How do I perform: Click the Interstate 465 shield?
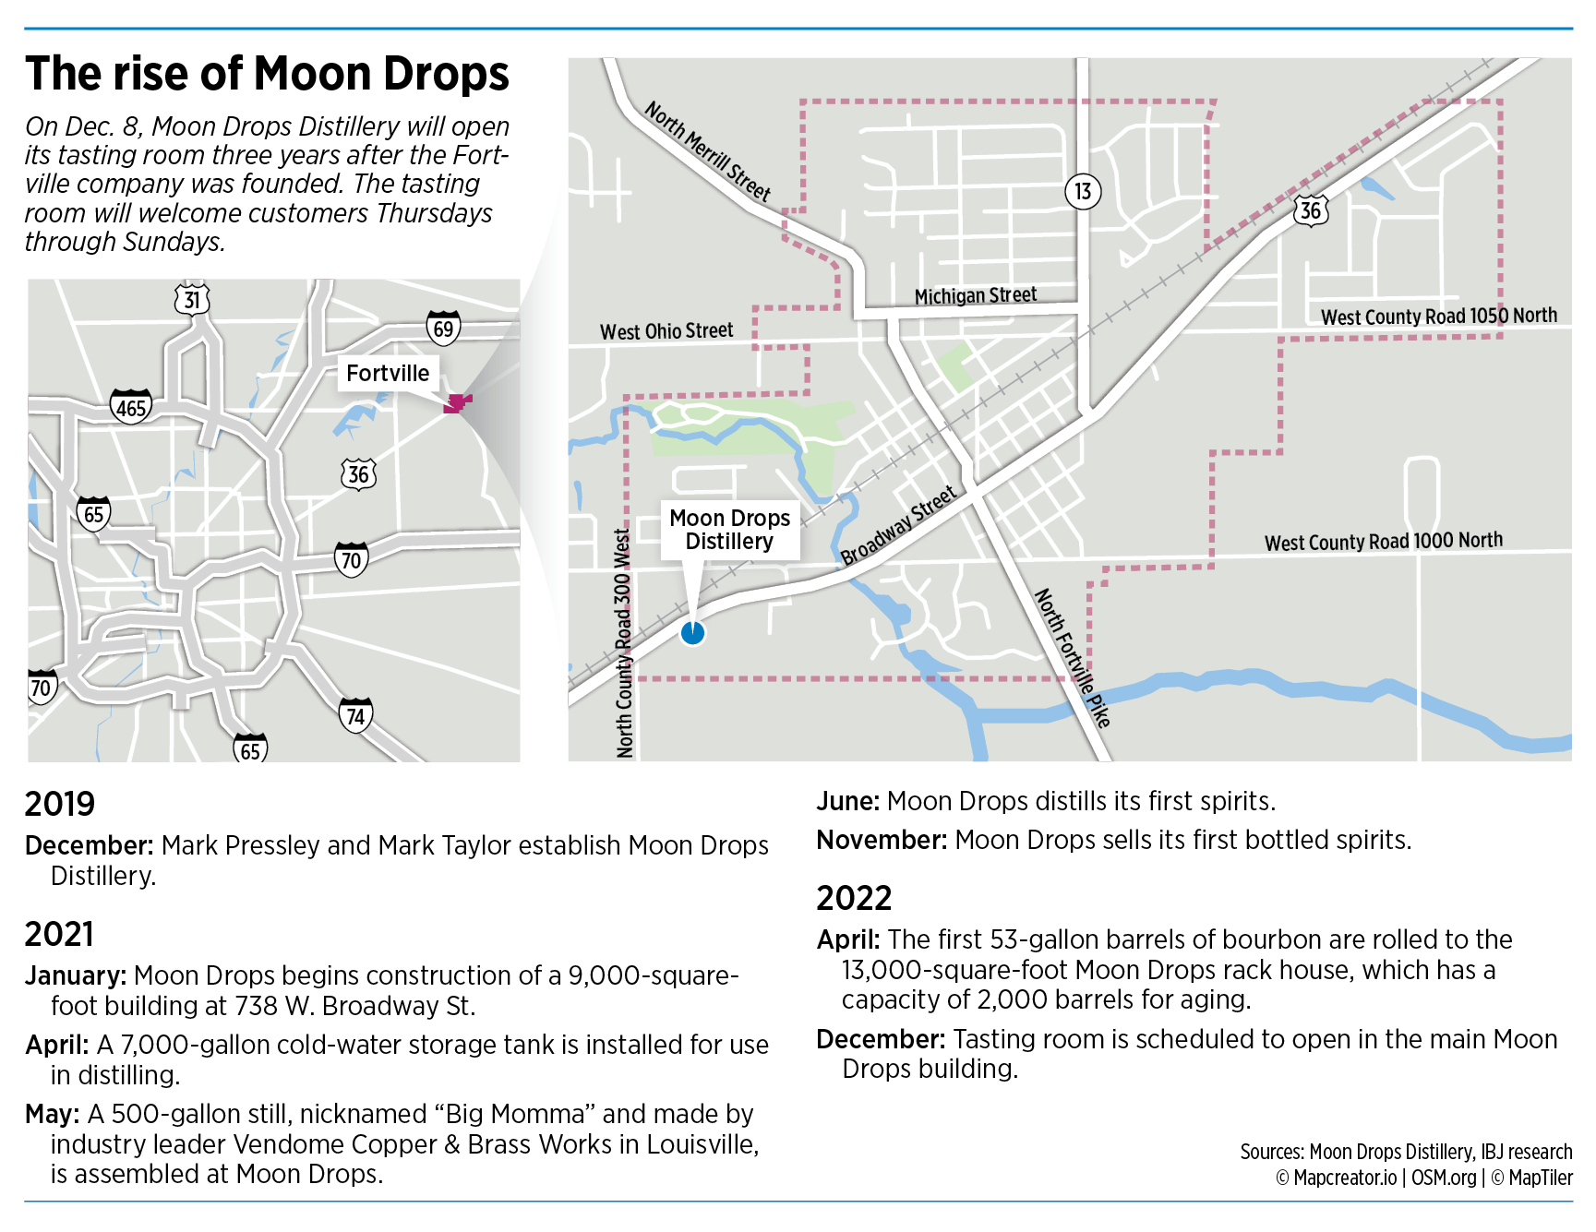tap(131, 406)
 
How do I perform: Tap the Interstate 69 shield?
tap(443, 328)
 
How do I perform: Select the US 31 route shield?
tap(192, 298)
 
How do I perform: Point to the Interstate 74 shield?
tap(355, 715)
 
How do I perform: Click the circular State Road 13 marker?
tap(1083, 191)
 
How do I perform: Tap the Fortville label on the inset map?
tap(388, 373)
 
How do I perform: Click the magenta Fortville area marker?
tap(456, 402)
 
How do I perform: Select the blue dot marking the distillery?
tap(692, 633)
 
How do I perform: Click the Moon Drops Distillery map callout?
tap(729, 530)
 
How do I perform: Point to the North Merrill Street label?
tap(707, 150)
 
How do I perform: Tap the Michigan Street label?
tap(975, 295)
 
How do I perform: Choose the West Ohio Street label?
tap(666, 330)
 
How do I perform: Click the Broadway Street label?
tap(898, 525)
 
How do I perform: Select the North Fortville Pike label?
tap(1072, 657)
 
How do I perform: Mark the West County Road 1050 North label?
tap(1438, 316)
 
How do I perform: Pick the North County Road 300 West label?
tap(624, 642)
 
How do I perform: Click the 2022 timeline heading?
tap(854, 898)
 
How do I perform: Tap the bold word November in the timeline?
tap(882, 840)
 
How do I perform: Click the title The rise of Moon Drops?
tap(268, 74)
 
